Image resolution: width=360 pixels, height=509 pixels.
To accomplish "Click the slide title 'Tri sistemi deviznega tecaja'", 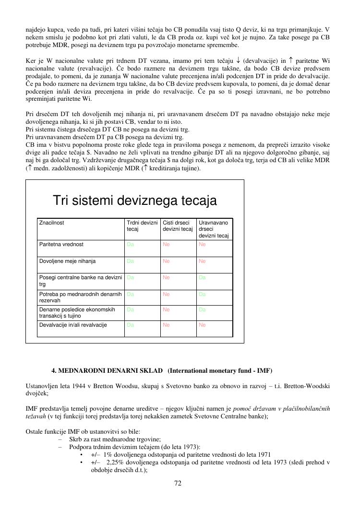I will click(x=134, y=200).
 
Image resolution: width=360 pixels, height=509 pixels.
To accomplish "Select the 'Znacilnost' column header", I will click(x=52, y=223).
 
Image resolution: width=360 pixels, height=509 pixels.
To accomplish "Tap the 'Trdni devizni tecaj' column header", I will click(x=142, y=226).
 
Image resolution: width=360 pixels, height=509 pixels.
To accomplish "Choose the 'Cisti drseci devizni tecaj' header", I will click(x=178, y=226).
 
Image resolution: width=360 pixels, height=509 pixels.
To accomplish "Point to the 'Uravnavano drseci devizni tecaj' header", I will click(x=214, y=229).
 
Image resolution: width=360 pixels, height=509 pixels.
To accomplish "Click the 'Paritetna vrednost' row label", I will click(x=61, y=244).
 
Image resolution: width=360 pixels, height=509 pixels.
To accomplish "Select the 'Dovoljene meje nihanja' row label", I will click(x=67, y=261).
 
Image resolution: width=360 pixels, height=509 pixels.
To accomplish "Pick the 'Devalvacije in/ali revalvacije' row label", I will click(x=73, y=325).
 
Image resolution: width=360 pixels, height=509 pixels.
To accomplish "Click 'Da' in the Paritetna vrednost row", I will click(x=130, y=244).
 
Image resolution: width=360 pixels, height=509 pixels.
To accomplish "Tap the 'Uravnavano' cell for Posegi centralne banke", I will click(x=202, y=277).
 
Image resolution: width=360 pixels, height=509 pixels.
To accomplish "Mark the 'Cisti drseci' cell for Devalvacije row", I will click(x=166, y=325).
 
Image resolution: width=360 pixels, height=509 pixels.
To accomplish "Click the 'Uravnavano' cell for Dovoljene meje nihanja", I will click(x=202, y=261).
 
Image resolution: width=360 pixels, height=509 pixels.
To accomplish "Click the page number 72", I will click(x=178, y=483).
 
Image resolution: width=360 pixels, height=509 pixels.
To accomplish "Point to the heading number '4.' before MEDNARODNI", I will click(x=54, y=370).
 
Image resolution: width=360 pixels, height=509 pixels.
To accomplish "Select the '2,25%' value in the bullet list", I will click(x=115, y=462).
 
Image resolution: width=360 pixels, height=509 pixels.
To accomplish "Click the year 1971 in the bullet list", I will click(x=263, y=454).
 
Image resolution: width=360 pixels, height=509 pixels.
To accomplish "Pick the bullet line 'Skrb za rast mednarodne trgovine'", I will click(x=115, y=439).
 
